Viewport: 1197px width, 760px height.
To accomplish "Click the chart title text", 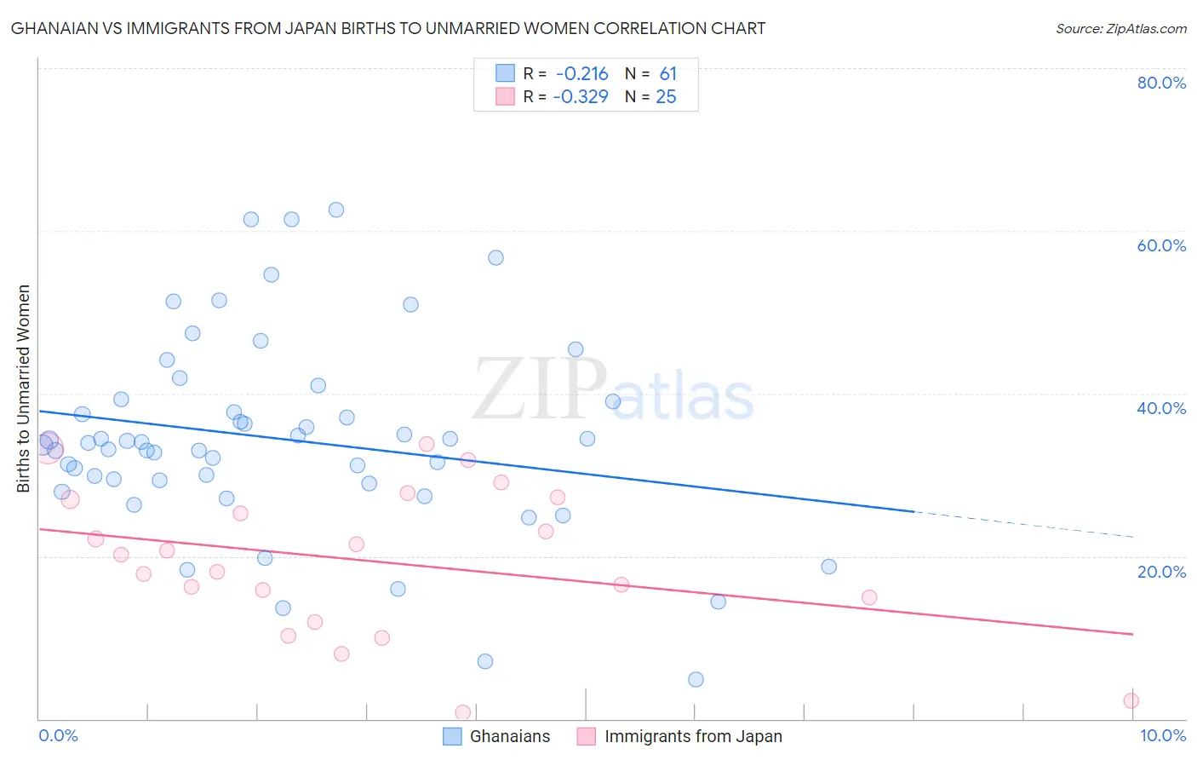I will click(x=388, y=28).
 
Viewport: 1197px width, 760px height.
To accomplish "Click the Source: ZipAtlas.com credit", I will click(x=1120, y=28).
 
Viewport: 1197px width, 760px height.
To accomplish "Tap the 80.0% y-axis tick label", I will click(x=1161, y=83).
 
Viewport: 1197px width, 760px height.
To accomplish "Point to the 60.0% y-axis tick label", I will click(x=1161, y=245).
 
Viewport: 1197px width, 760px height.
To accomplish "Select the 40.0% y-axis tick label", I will click(x=1161, y=408).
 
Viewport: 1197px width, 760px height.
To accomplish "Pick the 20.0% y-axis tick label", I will click(x=1161, y=571).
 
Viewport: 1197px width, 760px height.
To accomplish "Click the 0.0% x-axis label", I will click(x=58, y=735).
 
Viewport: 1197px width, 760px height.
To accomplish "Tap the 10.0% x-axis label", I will click(x=1162, y=735).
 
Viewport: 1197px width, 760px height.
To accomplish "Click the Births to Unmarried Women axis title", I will click(x=24, y=389).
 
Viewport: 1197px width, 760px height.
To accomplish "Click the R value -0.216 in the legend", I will click(x=582, y=74).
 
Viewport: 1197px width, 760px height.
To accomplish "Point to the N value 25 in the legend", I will click(x=666, y=97).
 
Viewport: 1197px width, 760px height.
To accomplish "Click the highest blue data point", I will click(x=336, y=210).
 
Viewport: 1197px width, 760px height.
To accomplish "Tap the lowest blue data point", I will click(x=696, y=679).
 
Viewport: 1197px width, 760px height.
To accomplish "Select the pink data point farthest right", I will click(x=1131, y=700).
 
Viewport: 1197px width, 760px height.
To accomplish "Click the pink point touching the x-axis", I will click(x=463, y=712).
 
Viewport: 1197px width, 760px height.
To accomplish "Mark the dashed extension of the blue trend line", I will click(x=1022, y=524).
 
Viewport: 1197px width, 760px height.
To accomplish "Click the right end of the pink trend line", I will click(x=1132, y=634).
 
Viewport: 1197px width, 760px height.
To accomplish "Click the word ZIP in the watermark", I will click(x=540, y=390).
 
